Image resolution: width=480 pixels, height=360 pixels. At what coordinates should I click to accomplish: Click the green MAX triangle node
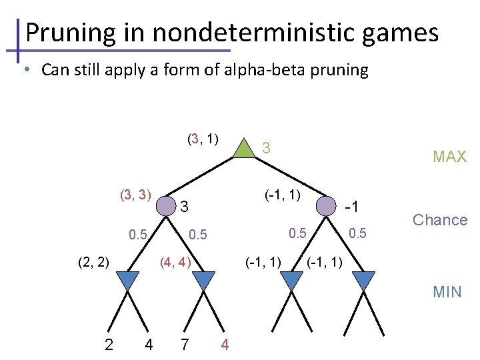(x=245, y=149)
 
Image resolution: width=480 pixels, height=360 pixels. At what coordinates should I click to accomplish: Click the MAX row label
(x=449, y=157)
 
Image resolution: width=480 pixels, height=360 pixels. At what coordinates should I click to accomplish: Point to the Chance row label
(x=440, y=220)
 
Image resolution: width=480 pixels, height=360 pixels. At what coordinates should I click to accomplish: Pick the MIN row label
(x=447, y=291)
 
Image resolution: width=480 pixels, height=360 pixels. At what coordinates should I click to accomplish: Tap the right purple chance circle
(x=325, y=205)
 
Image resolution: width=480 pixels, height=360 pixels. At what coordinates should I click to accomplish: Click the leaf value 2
(x=109, y=345)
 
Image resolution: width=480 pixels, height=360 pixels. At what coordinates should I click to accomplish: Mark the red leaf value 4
(x=225, y=345)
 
